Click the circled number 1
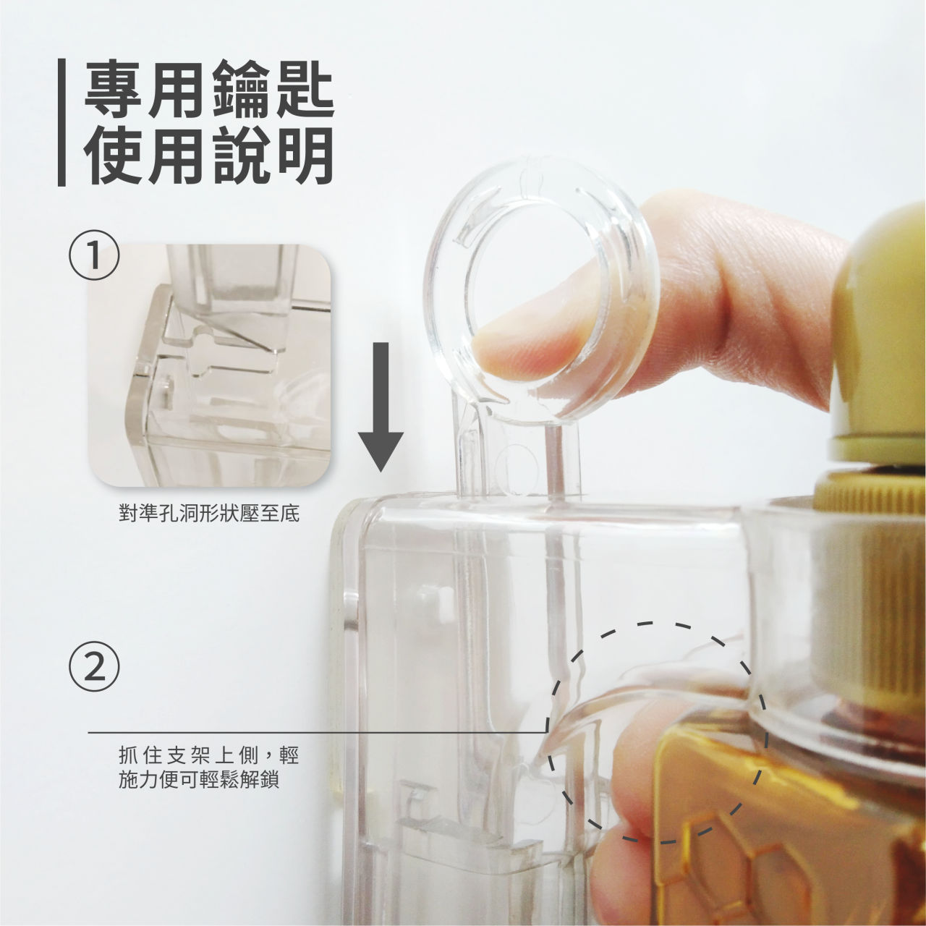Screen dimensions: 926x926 [94, 256]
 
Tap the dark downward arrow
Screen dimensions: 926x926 [381, 408]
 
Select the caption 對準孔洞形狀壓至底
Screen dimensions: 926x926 [209, 514]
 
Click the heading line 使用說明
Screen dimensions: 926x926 [209, 156]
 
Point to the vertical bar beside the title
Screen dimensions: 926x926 [61, 122]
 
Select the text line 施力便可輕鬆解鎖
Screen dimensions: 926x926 [199, 781]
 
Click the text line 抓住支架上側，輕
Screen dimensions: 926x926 [209, 756]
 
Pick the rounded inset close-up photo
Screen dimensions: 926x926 [210, 365]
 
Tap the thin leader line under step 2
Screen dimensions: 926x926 [317, 733]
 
